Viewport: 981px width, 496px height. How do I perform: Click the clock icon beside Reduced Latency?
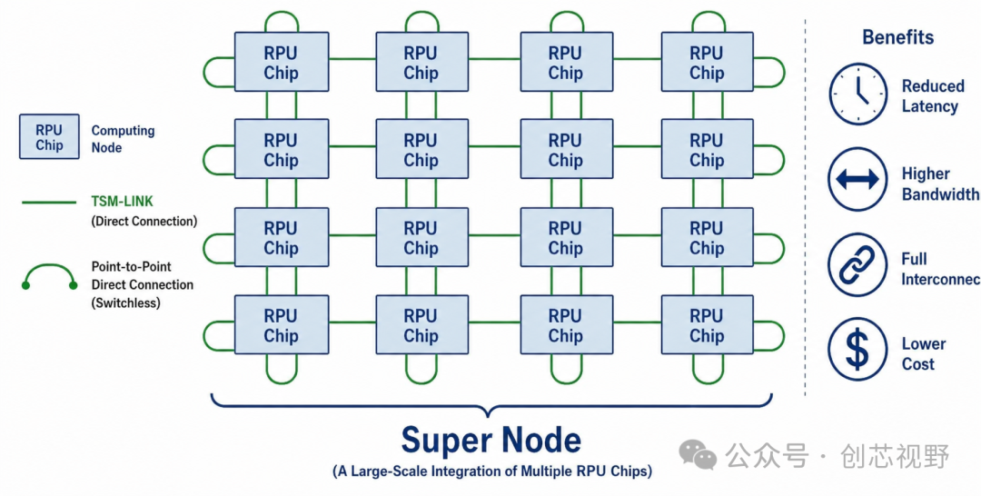click(857, 94)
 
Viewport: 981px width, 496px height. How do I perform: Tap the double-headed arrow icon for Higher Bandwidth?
click(857, 180)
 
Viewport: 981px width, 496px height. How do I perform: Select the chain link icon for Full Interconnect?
click(857, 265)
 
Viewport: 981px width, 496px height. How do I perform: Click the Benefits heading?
click(897, 37)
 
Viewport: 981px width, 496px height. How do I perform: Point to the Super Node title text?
click(491, 441)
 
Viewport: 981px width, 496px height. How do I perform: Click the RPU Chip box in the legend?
click(49, 136)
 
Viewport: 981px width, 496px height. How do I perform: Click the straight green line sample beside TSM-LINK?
click(49, 203)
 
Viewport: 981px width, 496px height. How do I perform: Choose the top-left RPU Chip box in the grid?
click(282, 62)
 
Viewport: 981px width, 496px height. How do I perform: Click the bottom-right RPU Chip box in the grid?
click(707, 325)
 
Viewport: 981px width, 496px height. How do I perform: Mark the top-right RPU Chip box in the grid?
click(707, 62)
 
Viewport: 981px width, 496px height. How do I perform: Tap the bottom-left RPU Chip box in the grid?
click(282, 325)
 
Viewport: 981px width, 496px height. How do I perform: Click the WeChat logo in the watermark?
click(698, 455)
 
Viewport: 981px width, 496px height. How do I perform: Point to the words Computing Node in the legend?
click(124, 140)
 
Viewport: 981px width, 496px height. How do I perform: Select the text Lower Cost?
click(924, 354)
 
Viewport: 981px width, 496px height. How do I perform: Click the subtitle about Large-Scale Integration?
click(491, 471)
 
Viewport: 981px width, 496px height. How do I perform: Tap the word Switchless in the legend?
click(125, 303)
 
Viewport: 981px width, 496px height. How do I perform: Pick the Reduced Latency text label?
click(933, 96)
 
